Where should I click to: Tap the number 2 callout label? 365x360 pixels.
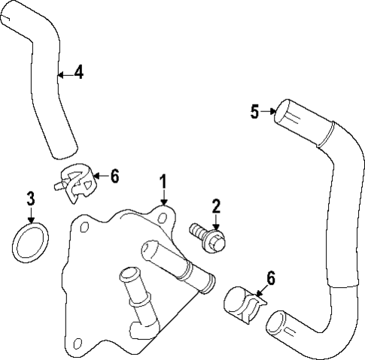pos(216,206)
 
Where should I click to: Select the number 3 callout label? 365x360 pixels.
pos(31,199)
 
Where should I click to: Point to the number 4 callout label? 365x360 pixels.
pos(78,73)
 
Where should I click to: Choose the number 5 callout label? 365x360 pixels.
pos(255,112)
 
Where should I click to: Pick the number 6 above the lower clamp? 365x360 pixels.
pos(270,277)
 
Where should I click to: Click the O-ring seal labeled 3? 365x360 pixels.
pos(30,242)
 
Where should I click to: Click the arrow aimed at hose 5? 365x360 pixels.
pos(269,113)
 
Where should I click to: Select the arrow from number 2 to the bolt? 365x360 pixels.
pos(216,221)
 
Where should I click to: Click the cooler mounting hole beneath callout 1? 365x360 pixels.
pos(163,217)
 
